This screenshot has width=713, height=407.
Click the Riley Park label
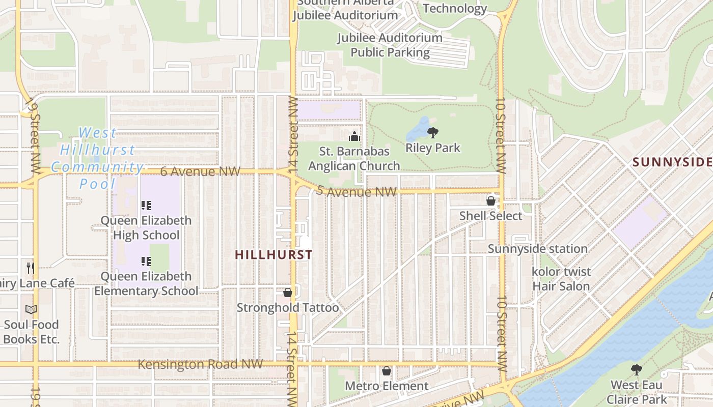coord(432,148)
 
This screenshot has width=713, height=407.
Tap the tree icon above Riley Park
coord(432,133)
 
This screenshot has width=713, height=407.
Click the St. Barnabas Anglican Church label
coord(354,159)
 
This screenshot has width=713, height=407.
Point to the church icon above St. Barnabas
coord(354,136)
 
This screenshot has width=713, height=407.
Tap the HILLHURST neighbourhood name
coord(273,255)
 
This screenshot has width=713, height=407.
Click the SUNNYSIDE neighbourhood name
coord(671,162)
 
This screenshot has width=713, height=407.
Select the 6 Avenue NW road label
coord(200,171)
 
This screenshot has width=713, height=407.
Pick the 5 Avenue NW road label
coord(356,192)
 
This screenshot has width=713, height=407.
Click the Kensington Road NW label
coord(200,364)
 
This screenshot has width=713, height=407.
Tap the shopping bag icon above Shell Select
coord(491,201)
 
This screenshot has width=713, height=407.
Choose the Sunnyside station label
coord(538,249)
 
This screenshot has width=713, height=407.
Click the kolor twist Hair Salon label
coord(561,279)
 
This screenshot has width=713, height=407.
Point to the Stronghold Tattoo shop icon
coord(288,293)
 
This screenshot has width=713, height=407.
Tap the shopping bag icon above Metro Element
coord(387,371)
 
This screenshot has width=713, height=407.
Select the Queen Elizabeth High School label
coord(146,227)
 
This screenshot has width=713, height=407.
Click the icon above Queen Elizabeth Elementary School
coord(146,261)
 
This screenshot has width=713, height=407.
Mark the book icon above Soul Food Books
coord(31,309)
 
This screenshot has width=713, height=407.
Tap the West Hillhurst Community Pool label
coord(97,158)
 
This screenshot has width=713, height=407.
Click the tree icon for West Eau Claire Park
coord(636,370)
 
